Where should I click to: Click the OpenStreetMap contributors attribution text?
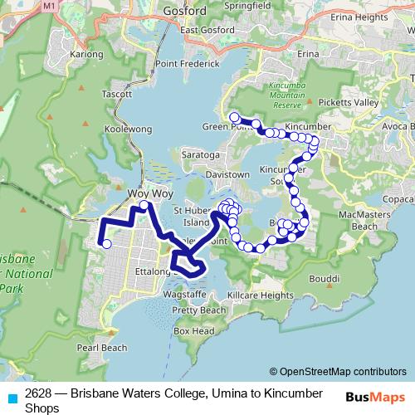click(x=338, y=372)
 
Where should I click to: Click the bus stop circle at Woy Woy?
click(x=144, y=205)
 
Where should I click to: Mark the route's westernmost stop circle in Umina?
click(x=106, y=243)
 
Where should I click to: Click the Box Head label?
click(x=194, y=330)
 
